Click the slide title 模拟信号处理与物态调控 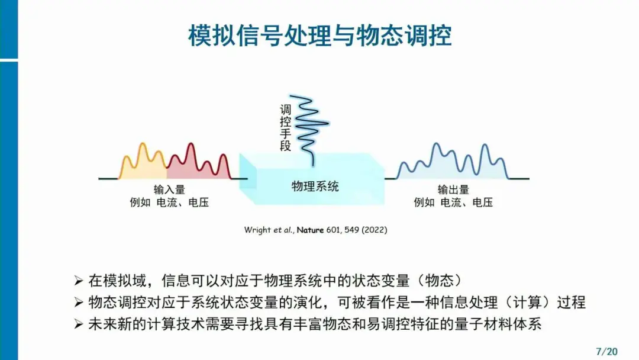pos(320,36)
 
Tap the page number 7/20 pos(606,351)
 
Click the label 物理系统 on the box pos(315,187)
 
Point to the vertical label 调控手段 pos(285,128)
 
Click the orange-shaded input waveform pos(143,162)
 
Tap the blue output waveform pos(453,162)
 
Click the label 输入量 pos(169,189)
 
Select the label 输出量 pos(453,189)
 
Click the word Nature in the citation pos(310,230)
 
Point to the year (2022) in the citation pos(374,230)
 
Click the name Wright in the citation pos(257,230)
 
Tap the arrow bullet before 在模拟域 pos(79,281)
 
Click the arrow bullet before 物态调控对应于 pos(79,302)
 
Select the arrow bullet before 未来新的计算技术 pos(79,324)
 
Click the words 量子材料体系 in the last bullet pos(498,324)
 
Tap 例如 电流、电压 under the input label pos(169,202)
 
